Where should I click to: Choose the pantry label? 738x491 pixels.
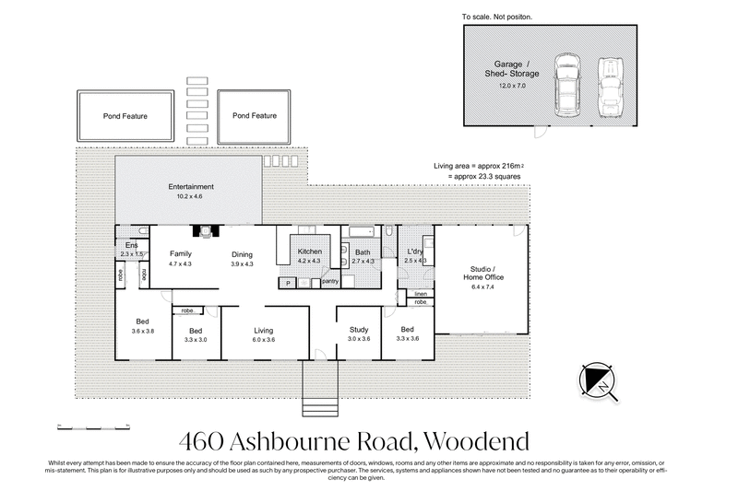330,281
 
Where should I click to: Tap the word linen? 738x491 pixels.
420,293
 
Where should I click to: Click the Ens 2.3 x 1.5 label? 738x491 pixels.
132,250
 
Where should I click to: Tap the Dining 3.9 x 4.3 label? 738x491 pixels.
243,259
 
